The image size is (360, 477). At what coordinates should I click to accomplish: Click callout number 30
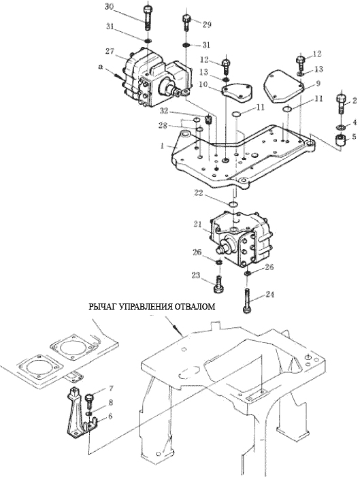[x=110, y=6]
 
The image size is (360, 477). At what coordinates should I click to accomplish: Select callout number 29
[x=207, y=24]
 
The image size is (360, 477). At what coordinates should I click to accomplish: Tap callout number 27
[x=110, y=51]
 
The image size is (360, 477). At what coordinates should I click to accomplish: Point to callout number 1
[x=163, y=146]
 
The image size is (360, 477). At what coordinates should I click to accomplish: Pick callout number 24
[x=269, y=295]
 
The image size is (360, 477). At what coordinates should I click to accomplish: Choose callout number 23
[x=196, y=276]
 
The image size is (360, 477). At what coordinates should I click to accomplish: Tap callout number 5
[x=354, y=137]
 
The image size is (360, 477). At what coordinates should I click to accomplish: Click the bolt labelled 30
[x=148, y=18]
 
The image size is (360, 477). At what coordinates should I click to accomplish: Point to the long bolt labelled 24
[x=247, y=301]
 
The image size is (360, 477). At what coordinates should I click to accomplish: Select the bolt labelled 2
[x=341, y=104]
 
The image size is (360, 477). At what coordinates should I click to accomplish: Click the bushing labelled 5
[x=340, y=140]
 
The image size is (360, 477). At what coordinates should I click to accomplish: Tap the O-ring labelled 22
[x=233, y=203]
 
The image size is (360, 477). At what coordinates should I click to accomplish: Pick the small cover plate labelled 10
[x=237, y=93]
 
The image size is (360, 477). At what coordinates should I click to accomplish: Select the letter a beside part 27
[x=101, y=67]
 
